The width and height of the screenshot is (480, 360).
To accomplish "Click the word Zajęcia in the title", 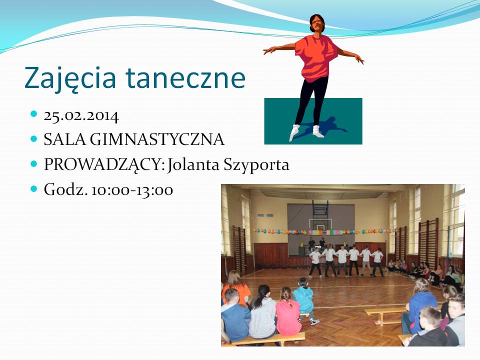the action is pyautogui.click(x=70, y=78).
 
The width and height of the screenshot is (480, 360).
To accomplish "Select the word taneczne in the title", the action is pyautogui.click(x=185, y=78).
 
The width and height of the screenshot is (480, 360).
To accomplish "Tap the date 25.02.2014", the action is pyautogui.click(x=81, y=116).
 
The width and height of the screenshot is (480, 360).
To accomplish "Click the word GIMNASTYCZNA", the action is pyautogui.click(x=157, y=139).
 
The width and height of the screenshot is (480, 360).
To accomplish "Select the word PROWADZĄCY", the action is pyautogui.click(x=102, y=165).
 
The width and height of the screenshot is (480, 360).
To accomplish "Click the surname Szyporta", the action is pyautogui.click(x=256, y=165).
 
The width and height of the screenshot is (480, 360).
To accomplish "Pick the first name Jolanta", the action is pyautogui.click(x=194, y=164).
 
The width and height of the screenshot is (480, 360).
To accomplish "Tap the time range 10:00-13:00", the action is pyautogui.click(x=132, y=190).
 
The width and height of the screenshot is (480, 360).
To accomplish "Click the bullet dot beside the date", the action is pyautogui.click(x=34, y=114).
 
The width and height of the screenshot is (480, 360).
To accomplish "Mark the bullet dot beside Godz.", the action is pyautogui.click(x=34, y=188).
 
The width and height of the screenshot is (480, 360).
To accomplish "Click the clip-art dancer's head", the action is pyautogui.click(x=317, y=24).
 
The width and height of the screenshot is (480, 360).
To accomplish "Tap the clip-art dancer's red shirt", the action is pyautogui.click(x=315, y=57).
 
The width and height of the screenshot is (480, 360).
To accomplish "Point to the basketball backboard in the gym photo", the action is pyautogui.click(x=320, y=225).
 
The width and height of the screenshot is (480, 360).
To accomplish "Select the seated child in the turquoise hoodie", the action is pyautogui.click(x=303, y=298).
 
